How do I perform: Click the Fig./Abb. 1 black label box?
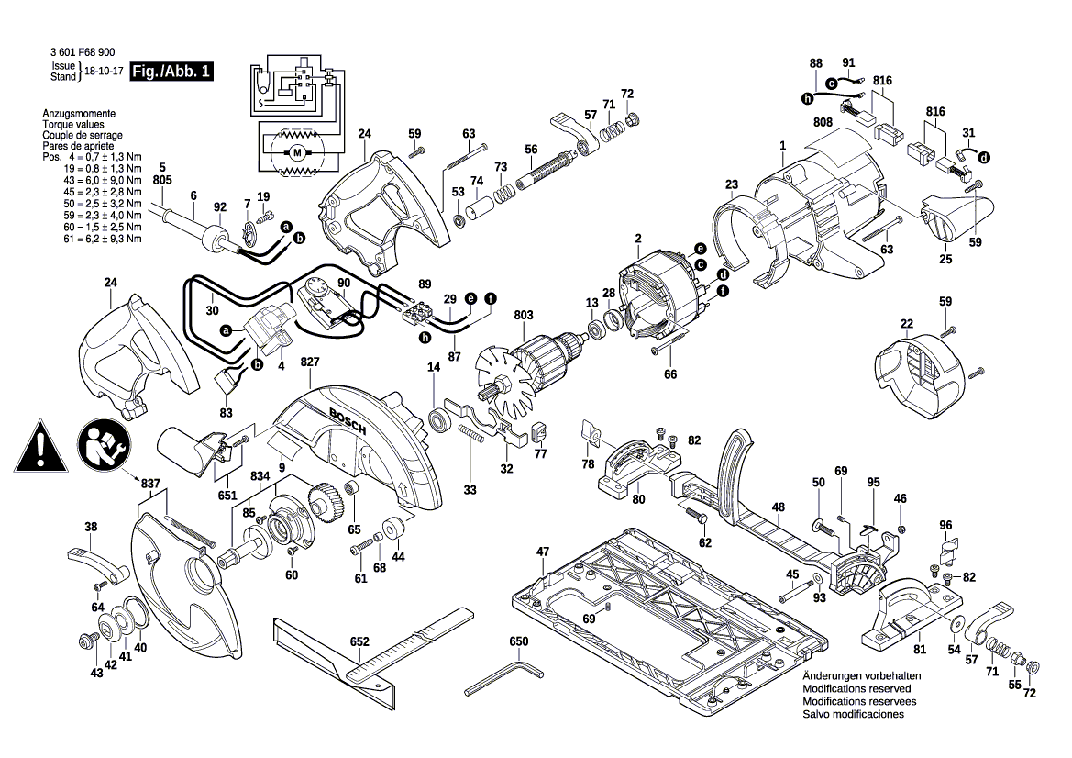click(x=171, y=72)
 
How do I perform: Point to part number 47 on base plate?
click(x=542, y=552)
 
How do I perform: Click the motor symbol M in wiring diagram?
click(x=296, y=151)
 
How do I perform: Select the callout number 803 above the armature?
click(x=523, y=315)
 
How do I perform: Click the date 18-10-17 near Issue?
click(x=105, y=72)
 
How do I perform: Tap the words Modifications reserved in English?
click(x=856, y=688)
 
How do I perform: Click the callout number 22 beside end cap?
click(x=906, y=324)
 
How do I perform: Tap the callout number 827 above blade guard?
click(x=310, y=362)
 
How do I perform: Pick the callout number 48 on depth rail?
click(x=778, y=507)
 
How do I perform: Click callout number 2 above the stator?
click(x=635, y=240)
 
